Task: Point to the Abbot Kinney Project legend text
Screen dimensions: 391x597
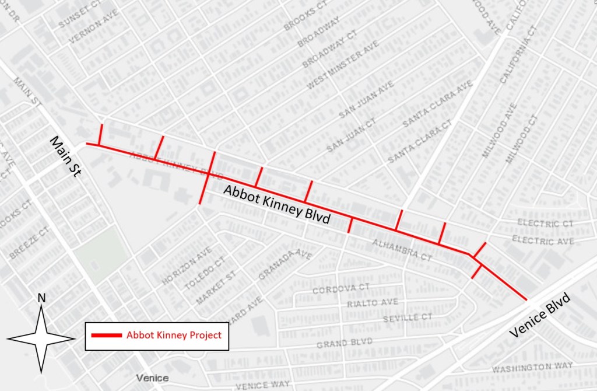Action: coord(174,336)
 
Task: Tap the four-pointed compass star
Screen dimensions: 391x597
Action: coord(41,338)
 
